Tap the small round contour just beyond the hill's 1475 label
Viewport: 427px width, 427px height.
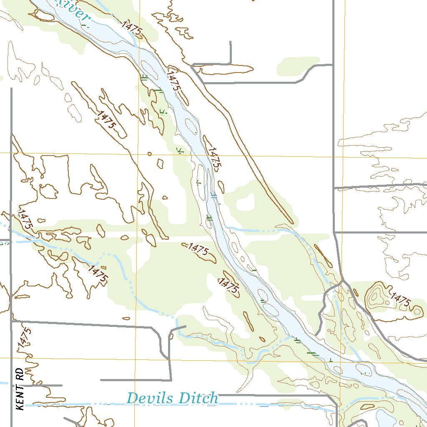417,310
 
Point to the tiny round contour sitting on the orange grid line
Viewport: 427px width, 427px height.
150,154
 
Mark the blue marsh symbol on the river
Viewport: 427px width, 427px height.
214,196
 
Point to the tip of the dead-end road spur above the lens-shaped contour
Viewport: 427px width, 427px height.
231,42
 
